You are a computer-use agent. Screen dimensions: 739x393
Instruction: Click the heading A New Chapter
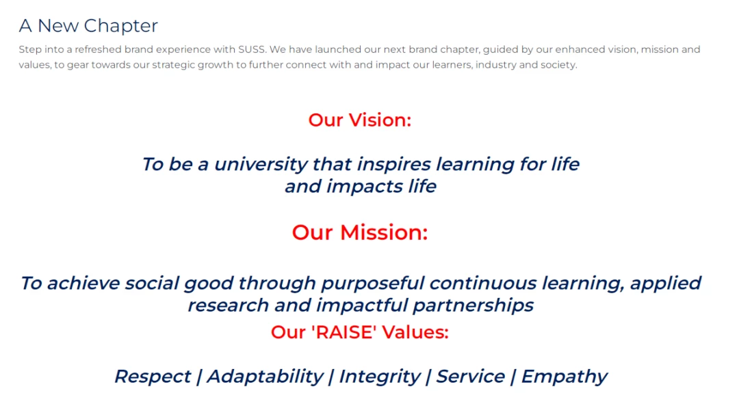pyautogui.click(x=88, y=26)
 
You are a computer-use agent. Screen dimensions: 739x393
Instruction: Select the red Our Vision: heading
pyautogui.click(x=360, y=120)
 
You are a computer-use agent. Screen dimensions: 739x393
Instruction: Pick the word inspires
pyautogui.click(x=393, y=165)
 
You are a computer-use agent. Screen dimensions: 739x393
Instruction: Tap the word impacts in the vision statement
pyautogui.click(x=364, y=187)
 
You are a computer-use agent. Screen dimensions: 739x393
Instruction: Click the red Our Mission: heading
pyautogui.click(x=360, y=232)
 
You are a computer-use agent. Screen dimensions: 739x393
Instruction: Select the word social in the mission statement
pyautogui.click(x=151, y=284)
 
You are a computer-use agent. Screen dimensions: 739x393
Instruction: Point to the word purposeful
pyautogui.click(x=373, y=284)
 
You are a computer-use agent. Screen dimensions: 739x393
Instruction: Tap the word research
pyautogui.click(x=229, y=306)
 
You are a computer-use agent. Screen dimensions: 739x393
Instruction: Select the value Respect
pyautogui.click(x=153, y=377)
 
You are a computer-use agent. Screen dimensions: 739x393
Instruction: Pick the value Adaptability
pyautogui.click(x=265, y=377)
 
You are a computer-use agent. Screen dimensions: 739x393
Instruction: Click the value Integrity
pyautogui.click(x=379, y=377)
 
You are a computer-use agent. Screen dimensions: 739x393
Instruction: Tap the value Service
pyautogui.click(x=470, y=377)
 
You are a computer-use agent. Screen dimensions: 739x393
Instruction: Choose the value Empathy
pyautogui.click(x=564, y=377)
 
